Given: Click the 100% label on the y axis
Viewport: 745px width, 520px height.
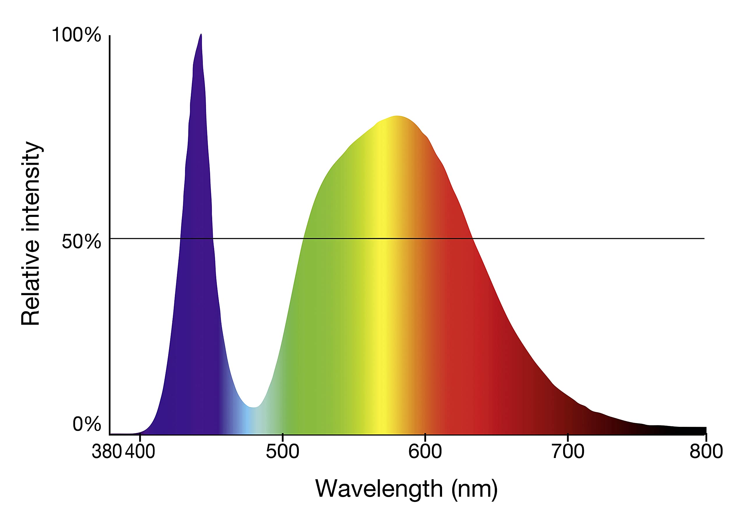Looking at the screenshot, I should (x=76, y=35).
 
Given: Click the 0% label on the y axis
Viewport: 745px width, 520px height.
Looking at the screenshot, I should (x=87, y=424).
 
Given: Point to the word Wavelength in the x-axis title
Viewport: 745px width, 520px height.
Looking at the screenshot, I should (x=379, y=489).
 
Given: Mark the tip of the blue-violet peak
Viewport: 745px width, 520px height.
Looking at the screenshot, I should (x=201, y=34).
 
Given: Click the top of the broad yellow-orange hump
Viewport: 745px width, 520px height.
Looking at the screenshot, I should (x=397, y=116).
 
